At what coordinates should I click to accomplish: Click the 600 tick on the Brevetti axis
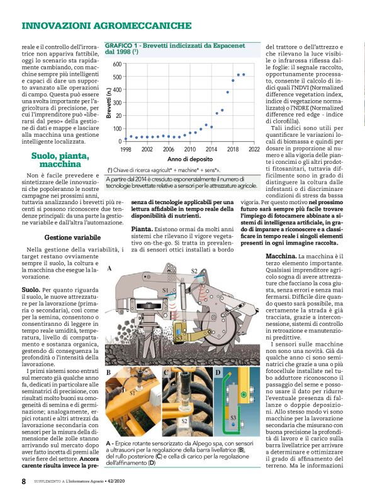(117, 64)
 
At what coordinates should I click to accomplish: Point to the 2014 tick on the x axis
(211, 149)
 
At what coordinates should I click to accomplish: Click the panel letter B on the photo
(109, 373)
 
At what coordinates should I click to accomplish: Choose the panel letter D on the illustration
(218, 373)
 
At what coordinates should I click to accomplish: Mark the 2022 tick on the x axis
(254, 149)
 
